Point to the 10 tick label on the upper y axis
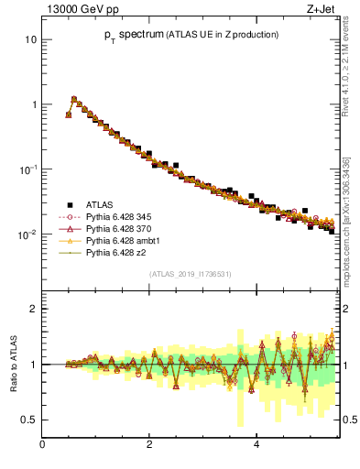tap(30, 40)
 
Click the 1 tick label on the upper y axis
tap(33, 105)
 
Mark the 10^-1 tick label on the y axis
tap(27, 169)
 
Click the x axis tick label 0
tap(42, 444)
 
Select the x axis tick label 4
tap(256, 444)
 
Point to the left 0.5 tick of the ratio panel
tap(29, 420)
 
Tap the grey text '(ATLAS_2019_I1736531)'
tap(189, 274)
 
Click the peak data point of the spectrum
tap(74, 99)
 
